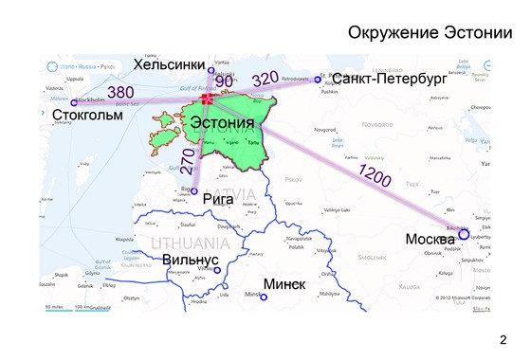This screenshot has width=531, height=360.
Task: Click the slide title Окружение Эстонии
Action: click(435, 33)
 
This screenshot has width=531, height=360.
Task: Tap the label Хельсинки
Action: click(170, 64)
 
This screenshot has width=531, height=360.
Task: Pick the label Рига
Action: click(218, 199)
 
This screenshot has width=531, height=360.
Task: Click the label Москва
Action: click(430, 239)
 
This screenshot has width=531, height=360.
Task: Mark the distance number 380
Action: click(120, 92)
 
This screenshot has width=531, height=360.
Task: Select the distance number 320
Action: click(266, 78)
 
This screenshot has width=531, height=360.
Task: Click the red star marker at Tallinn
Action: click(208, 99)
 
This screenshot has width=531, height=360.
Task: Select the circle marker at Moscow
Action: click(464, 234)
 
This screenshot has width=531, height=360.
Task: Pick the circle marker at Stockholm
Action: click(74, 102)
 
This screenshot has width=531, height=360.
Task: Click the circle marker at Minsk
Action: click(264, 297)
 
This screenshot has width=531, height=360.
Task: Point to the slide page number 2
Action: click(503, 338)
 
